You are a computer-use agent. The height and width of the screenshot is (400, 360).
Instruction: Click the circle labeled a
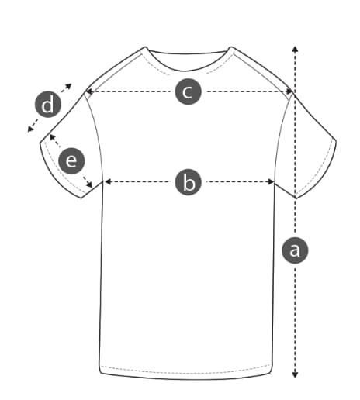(x=295, y=250)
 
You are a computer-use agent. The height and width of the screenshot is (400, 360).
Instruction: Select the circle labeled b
(x=189, y=182)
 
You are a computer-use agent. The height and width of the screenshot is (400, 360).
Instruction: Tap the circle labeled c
(x=188, y=91)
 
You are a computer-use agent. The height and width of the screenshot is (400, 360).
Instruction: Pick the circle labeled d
(x=48, y=104)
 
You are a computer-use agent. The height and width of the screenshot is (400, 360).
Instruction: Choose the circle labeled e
(x=71, y=160)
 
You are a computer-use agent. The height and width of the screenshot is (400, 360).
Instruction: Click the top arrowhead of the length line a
(x=295, y=49)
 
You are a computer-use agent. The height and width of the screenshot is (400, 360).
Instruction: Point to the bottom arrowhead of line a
(x=295, y=374)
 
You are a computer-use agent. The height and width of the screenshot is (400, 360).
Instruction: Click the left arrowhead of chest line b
(x=108, y=181)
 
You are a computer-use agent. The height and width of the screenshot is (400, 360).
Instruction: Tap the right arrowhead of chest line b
(x=271, y=181)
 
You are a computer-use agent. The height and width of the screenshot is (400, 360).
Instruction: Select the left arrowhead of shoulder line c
(x=89, y=91)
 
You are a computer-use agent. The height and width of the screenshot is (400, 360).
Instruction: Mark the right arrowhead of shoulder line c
(x=289, y=91)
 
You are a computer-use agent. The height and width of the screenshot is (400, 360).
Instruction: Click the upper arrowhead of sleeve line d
(x=69, y=86)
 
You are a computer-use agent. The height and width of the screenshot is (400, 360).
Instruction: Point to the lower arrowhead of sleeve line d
(x=30, y=129)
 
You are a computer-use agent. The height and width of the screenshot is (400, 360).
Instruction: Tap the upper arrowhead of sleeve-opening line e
(x=52, y=137)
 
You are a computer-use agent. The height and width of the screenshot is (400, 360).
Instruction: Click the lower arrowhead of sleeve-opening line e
(x=90, y=184)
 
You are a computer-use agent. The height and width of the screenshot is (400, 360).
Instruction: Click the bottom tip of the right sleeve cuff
(x=296, y=198)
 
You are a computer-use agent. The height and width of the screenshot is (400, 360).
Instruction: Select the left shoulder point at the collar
(x=146, y=47)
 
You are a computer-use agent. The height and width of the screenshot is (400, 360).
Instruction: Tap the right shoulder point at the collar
(x=231, y=47)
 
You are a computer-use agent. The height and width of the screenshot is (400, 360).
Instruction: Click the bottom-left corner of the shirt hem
(x=101, y=372)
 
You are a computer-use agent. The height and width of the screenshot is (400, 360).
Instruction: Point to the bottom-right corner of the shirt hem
(x=272, y=372)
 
